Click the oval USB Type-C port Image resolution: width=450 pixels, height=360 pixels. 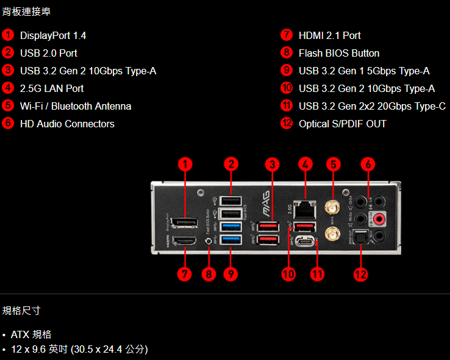coord(305,242)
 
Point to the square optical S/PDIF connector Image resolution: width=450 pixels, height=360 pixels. coord(363,238)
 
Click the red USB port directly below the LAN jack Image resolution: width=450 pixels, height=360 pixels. coord(305,227)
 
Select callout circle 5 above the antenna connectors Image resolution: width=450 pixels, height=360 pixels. coord(333,164)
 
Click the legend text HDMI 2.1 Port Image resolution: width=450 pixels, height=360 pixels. coord(329,35)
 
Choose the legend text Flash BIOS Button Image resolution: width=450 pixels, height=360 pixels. coord(338,53)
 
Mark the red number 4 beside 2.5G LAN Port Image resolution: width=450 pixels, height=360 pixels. coord(8,88)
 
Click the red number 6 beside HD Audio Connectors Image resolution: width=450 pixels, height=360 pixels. coord(8,124)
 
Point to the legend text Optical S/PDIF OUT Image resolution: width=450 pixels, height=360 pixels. coord(342,124)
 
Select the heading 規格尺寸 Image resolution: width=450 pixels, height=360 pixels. coord(21,311)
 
